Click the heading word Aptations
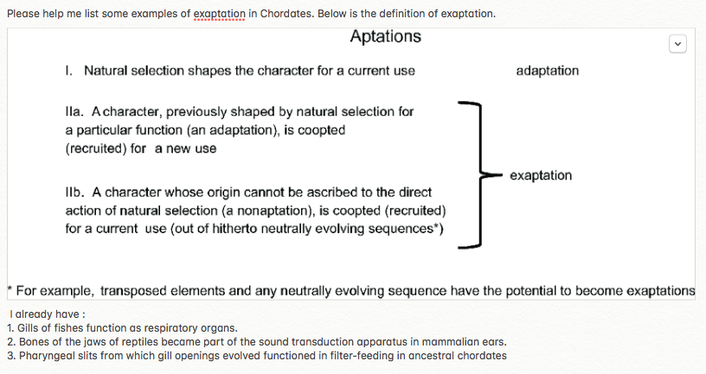point(386,36)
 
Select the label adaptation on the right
point(547,71)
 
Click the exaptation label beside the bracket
point(541,175)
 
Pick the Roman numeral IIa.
point(74,112)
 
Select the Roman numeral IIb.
point(74,192)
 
